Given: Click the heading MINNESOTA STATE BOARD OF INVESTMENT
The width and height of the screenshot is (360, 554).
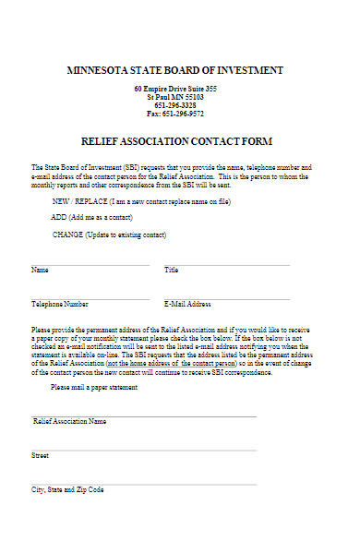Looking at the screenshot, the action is click(x=175, y=70).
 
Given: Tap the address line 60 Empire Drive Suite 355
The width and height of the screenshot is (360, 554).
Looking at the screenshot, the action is click(x=175, y=89).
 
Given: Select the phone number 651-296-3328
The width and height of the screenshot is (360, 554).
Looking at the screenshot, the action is click(x=175, y=105).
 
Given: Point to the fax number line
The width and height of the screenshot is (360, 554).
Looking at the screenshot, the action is click(x=175, y=114).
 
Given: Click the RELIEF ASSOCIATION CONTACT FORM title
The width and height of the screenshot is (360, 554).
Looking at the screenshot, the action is click(x=176, y=141).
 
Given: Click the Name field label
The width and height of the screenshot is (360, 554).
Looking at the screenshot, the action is click(x=40, y=271).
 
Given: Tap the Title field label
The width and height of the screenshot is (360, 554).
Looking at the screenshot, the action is click(x=171, y=271).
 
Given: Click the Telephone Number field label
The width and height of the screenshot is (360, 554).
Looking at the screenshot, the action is click(x=60, y=304).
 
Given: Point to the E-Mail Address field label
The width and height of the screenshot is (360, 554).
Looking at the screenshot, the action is click(x=187, y=304).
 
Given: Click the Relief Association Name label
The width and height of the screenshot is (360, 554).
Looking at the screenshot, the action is click(x=69, y=421).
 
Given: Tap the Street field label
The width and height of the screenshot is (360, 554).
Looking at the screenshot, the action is click(x=40, y=455).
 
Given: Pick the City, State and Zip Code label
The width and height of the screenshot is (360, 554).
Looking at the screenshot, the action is click(x=68, y=489).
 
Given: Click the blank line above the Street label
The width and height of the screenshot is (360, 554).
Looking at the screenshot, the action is click(x=143, y=450).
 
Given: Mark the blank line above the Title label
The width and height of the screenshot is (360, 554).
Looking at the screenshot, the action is click(x=226, y=265).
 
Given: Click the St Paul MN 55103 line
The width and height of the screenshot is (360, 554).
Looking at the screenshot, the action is click(x=175, y=97).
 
